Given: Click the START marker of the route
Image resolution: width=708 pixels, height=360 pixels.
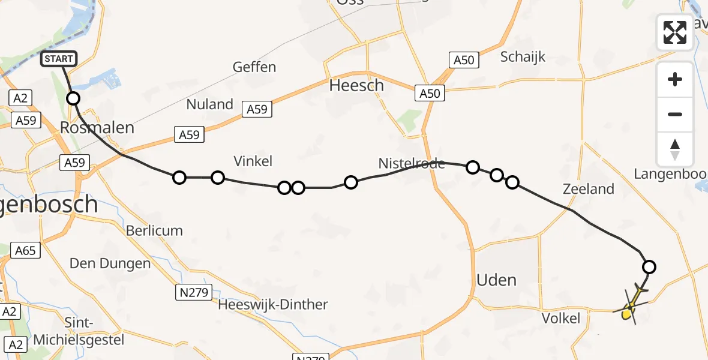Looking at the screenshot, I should click(59, 59).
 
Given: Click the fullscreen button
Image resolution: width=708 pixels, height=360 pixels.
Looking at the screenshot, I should click(675, 32).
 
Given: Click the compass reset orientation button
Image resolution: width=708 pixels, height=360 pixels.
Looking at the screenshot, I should click(675, 149).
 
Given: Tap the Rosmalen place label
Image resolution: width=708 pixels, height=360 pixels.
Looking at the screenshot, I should click(97, 128).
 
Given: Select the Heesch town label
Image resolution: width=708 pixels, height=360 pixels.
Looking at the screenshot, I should click(356, 86).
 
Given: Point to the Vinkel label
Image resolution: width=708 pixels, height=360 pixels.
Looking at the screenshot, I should click(253, 161).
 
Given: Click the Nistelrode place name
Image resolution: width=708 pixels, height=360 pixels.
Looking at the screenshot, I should click(412, 163).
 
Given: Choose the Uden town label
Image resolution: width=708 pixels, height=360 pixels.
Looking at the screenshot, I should click(496, 280).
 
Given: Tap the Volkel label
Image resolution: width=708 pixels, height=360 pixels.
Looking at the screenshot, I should click(561, 318).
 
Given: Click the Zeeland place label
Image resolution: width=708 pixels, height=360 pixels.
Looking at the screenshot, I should click(589, 189).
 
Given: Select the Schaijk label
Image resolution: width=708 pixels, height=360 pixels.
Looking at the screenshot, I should click(523, 57).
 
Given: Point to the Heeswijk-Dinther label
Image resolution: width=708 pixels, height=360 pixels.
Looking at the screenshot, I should click(273, 305).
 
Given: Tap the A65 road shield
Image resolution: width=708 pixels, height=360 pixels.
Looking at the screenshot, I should click(26, 250).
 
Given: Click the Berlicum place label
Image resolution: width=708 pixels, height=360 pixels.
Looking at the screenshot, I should click(154, 230).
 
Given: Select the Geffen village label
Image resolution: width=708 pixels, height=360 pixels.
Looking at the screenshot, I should click(255, 67).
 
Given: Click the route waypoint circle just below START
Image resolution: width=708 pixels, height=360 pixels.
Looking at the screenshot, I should click(73, 98).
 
